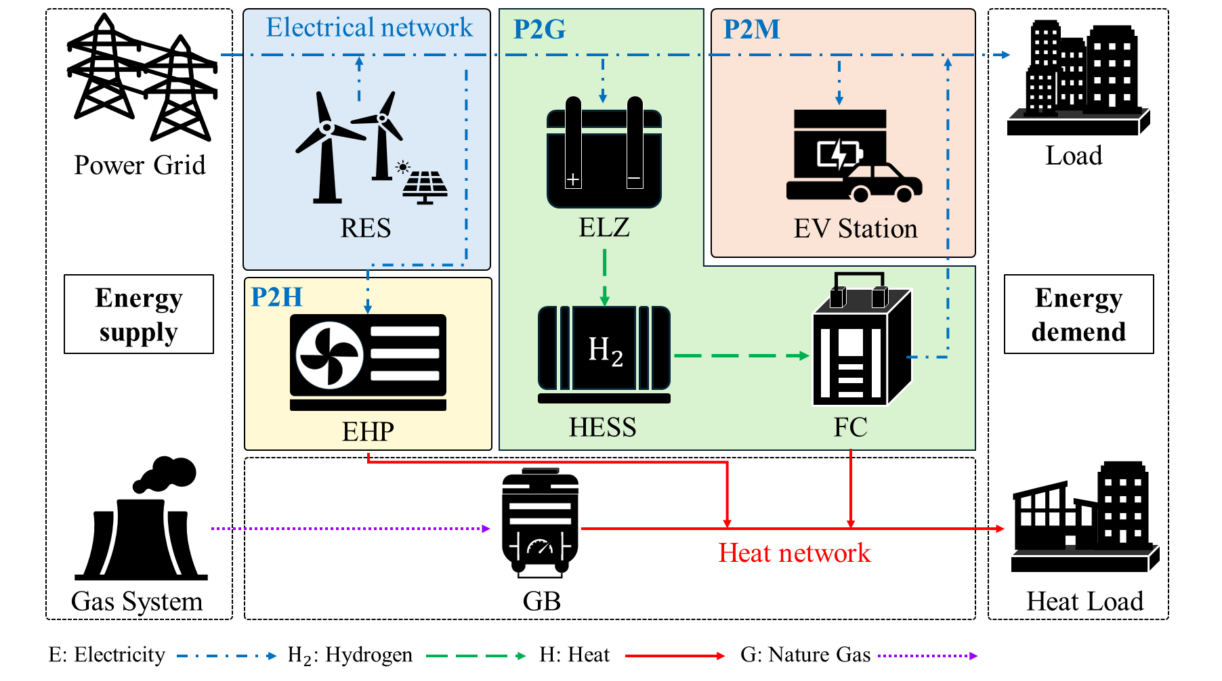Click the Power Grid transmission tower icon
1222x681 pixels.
click(x=142, y=78)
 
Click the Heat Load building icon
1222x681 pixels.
click(x=1084, y=518)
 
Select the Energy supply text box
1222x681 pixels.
click(x=139, y=314)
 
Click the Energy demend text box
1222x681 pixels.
click(x=1078, y=314)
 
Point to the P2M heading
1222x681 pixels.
click(x=751, y=29)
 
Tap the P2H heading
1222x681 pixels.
click(x=276, y=297)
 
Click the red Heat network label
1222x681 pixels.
click(x=794, y=553)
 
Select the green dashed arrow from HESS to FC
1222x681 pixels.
click(x=741, y=355)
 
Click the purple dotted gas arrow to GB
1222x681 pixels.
click(x=350, y=529)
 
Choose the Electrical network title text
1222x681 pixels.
click(x=369, y=28)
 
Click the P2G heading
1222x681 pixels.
click(x=539, y=29)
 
